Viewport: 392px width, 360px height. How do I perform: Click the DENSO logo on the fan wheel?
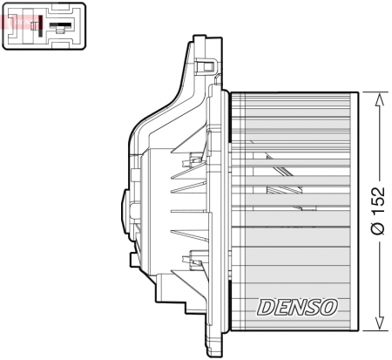point(297,306)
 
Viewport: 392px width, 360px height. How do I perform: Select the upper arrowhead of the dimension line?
point(378,98)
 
